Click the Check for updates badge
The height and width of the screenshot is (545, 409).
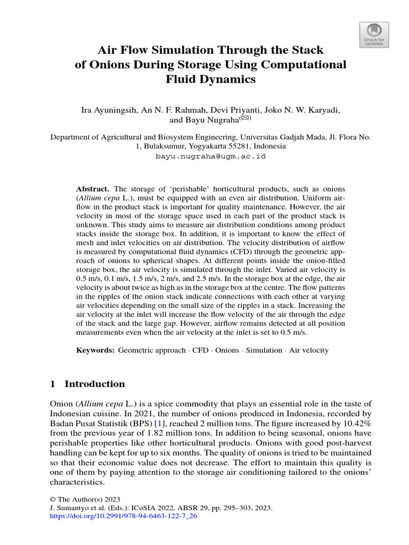pyautogui.click(x=374, y=35)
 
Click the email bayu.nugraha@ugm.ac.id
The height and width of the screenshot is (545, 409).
pyautogui.click(x=210, y=156)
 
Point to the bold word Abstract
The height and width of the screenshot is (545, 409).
pyautogui.click(x=93, y=189)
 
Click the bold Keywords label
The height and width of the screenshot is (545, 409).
pyautogui.click(x=95, y=350)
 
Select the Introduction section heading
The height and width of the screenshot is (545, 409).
pyautogui.click(x=94, y=384)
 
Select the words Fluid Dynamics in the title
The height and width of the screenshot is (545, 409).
pyautogui.click(x=211, y=80)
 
